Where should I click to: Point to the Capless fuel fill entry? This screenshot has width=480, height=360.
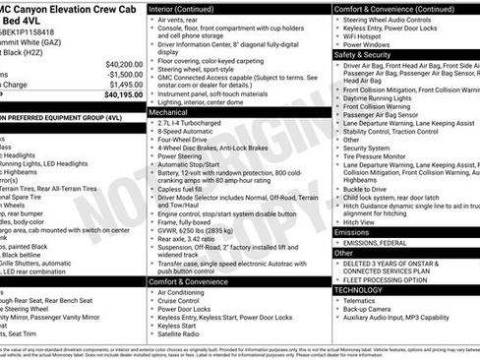[188, 194]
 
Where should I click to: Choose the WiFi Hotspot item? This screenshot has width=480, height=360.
[371, 32]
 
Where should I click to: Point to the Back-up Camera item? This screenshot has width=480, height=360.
[372, 313]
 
